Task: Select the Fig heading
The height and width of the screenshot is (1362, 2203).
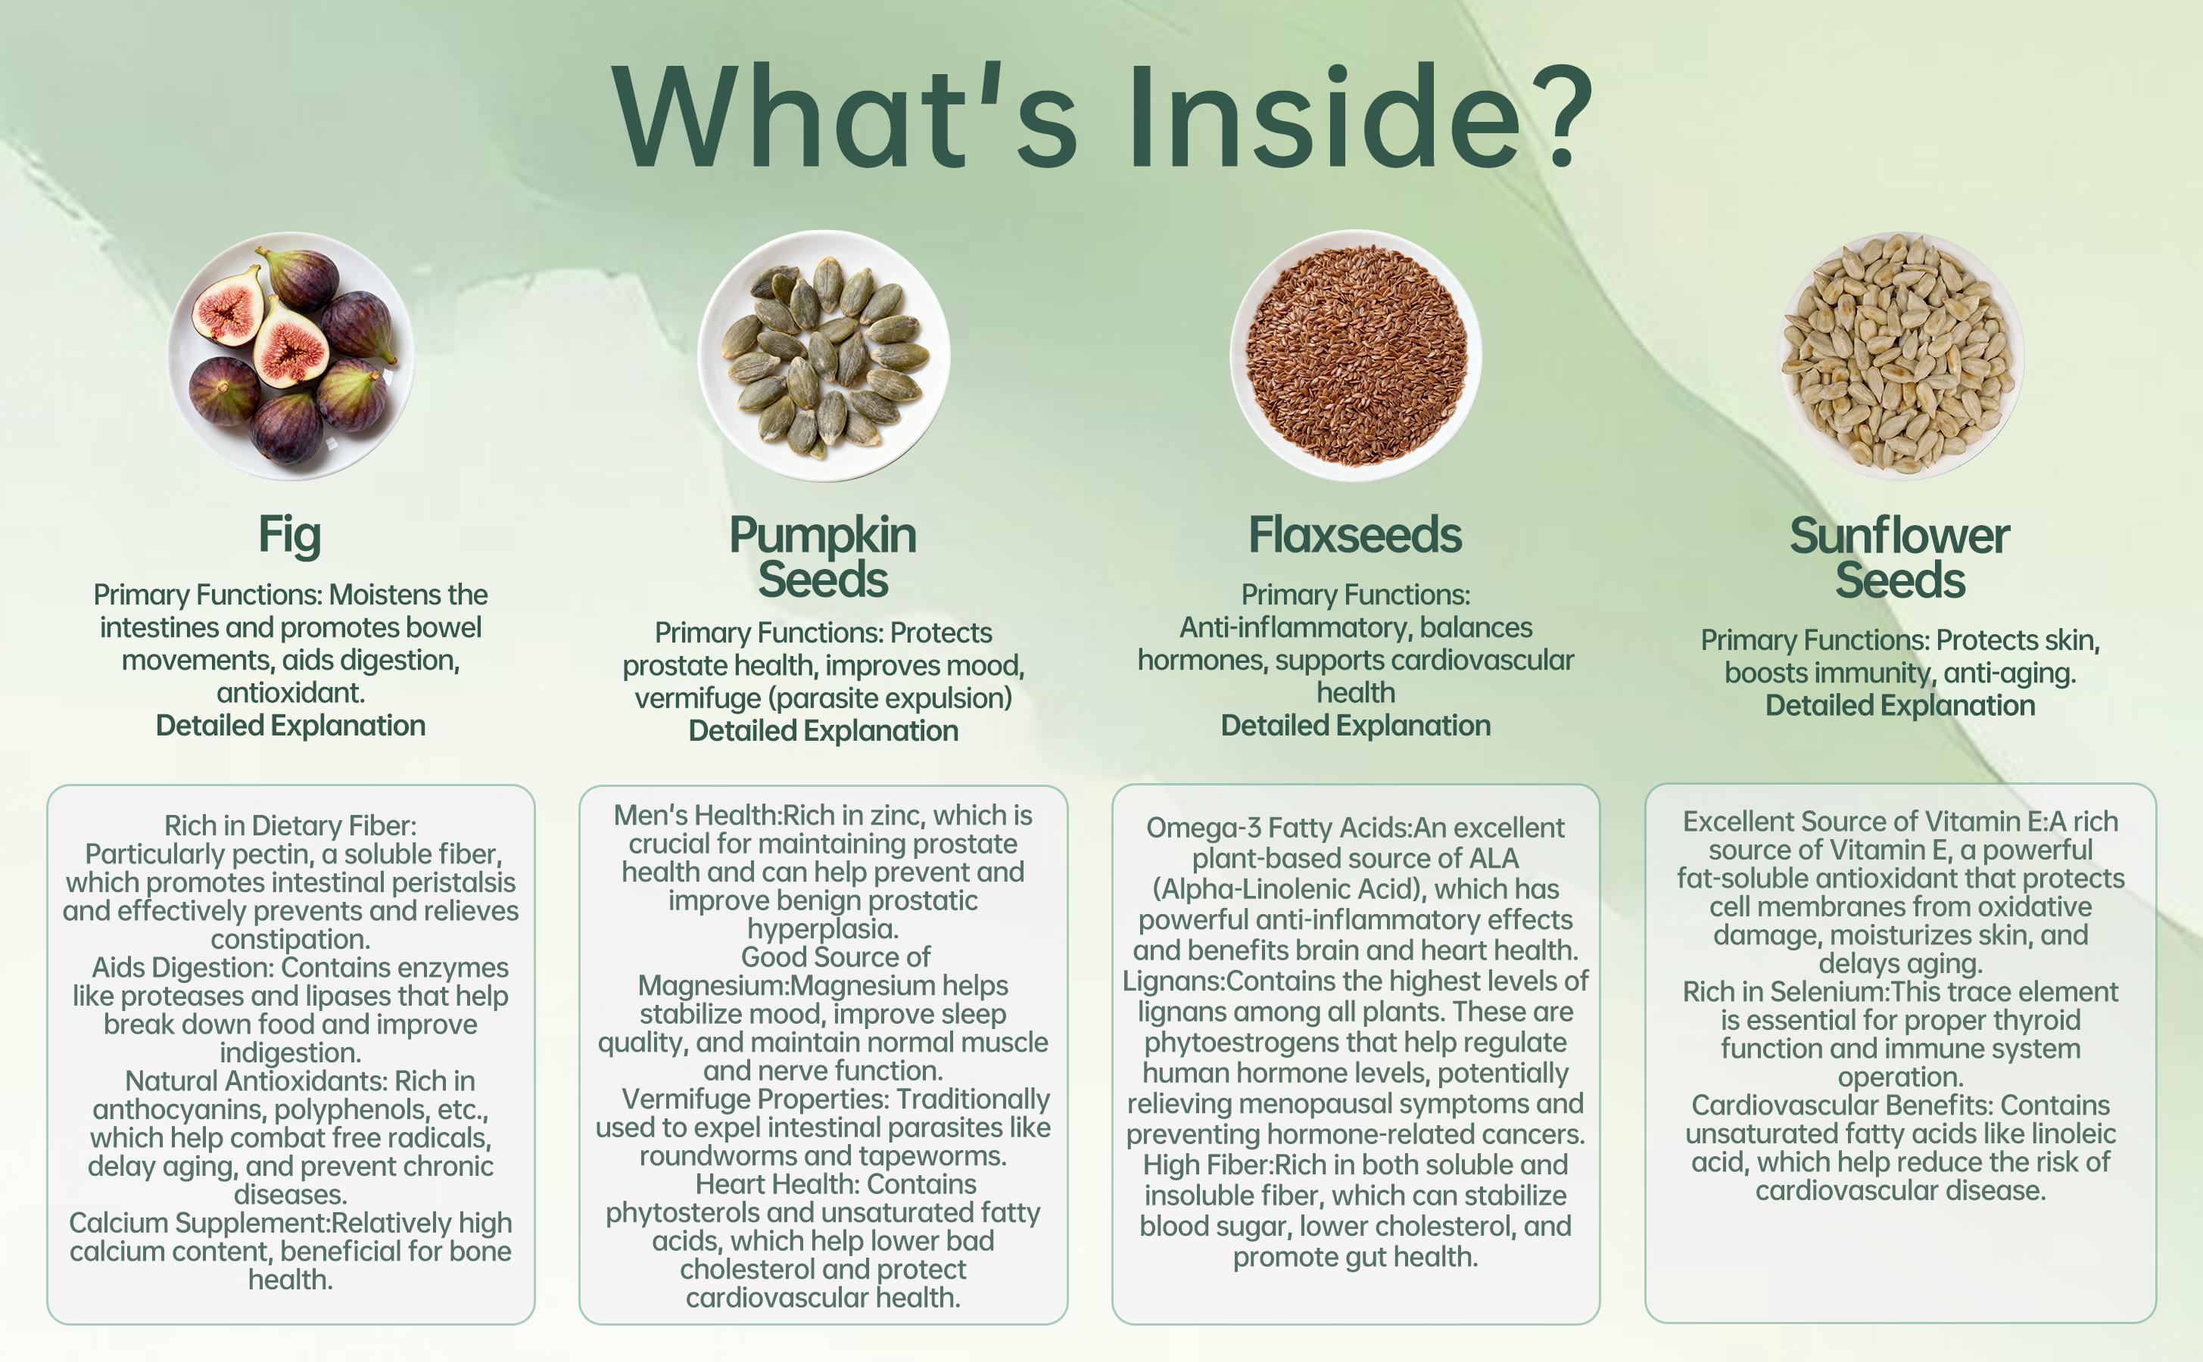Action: tap(290, 535)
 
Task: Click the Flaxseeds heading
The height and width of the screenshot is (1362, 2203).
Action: tap(1355, 535)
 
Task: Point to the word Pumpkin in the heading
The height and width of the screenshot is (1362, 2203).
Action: tap(823, 536)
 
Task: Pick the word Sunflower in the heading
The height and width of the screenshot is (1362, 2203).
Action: tap(1899, 536)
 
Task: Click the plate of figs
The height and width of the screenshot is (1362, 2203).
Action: tap(290, 356)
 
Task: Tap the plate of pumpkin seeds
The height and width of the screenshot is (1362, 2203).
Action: tap(824, 356)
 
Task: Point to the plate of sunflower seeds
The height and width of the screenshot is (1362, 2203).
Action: tap(1900, 356)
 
